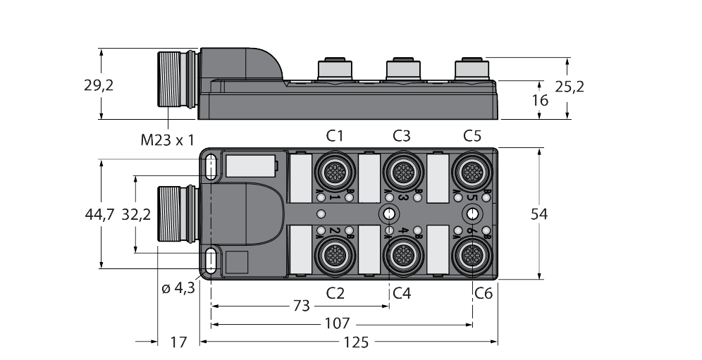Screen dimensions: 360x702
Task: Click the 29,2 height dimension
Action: click(99, 86)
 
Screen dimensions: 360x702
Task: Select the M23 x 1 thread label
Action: click(166, 140)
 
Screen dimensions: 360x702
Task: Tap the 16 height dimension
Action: click(540, 100)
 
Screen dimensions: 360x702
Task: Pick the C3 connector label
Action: click(402, 135)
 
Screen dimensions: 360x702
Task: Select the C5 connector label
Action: click(472, 135)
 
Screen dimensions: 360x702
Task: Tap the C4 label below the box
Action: click(402, 292)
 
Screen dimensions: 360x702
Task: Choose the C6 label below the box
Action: click(483, 292)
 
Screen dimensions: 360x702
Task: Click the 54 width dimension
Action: click(540, 214)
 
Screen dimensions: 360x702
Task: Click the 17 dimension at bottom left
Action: click(179, 342)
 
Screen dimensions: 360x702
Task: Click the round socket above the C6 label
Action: click(471, 254)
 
